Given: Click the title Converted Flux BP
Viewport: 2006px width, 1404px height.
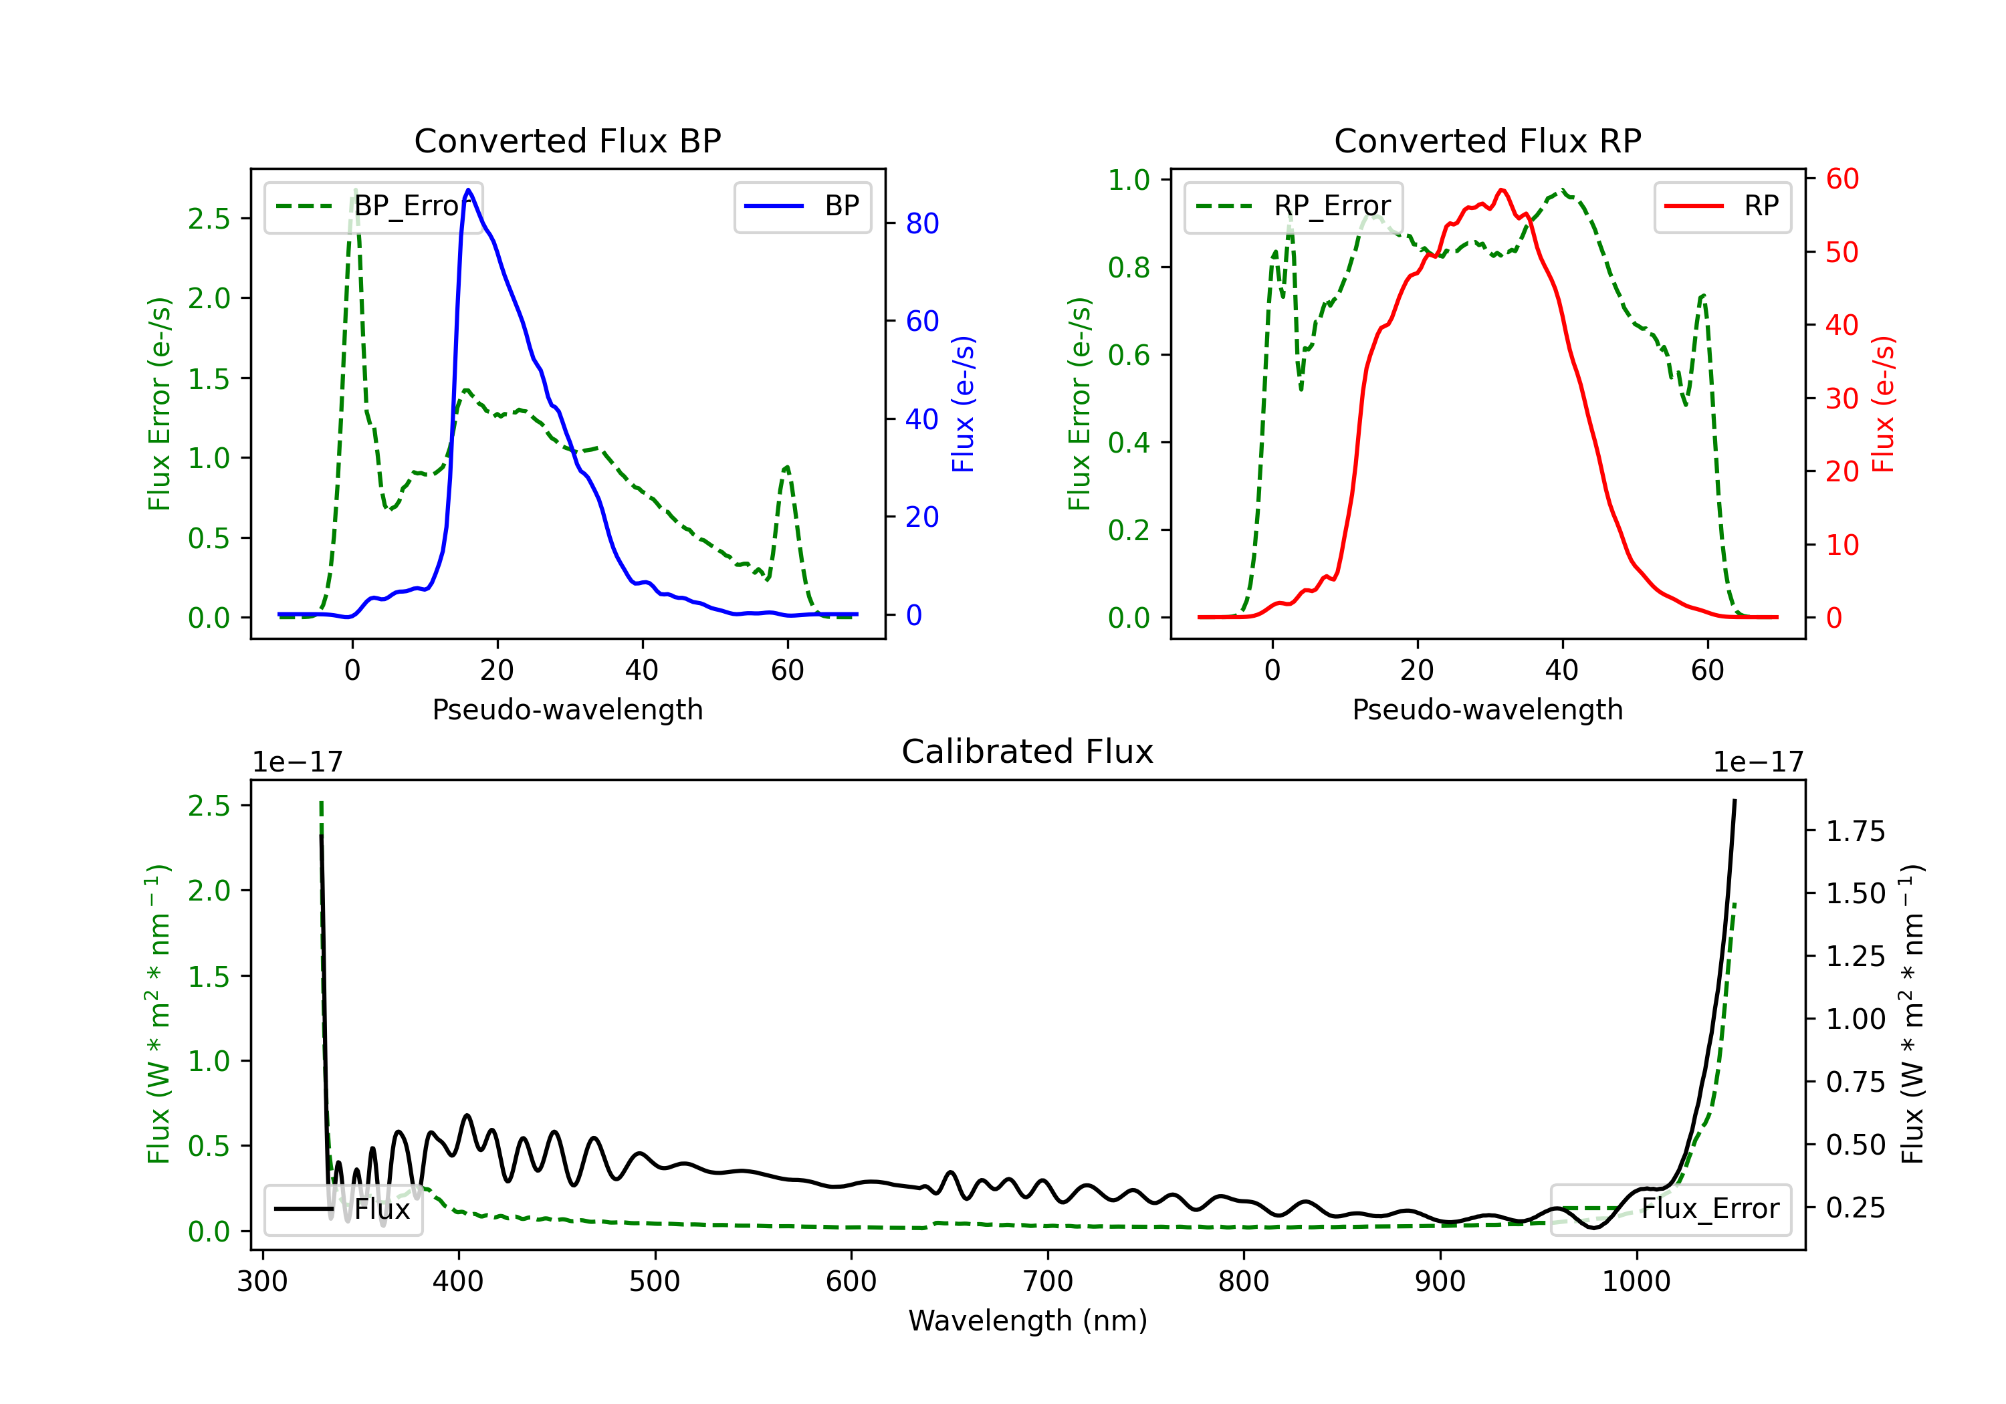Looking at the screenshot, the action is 567,140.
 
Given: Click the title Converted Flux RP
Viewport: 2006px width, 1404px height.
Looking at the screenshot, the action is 1487,140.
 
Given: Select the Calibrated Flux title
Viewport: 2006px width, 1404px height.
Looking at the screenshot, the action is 1028,751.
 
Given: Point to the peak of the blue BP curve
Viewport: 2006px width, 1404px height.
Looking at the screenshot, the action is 468,190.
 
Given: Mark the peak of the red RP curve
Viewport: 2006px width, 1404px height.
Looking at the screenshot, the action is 1502,190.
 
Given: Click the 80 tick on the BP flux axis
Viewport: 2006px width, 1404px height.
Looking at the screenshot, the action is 921,224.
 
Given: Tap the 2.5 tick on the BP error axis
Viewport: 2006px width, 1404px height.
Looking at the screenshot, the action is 209,219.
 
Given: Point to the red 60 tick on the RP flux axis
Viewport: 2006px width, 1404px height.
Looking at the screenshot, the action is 1842,179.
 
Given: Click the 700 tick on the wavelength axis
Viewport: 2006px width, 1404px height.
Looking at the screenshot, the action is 1046,1282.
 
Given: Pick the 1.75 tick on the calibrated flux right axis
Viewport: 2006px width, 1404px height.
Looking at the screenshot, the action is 1856,831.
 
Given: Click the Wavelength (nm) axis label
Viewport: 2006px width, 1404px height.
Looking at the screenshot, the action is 1028,1321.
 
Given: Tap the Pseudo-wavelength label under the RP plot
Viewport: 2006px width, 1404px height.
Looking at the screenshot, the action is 1487,709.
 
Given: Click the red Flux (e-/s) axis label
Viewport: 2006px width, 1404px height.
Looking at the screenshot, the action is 1883,404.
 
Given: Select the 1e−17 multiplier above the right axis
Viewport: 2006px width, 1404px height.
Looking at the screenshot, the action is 1758,762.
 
